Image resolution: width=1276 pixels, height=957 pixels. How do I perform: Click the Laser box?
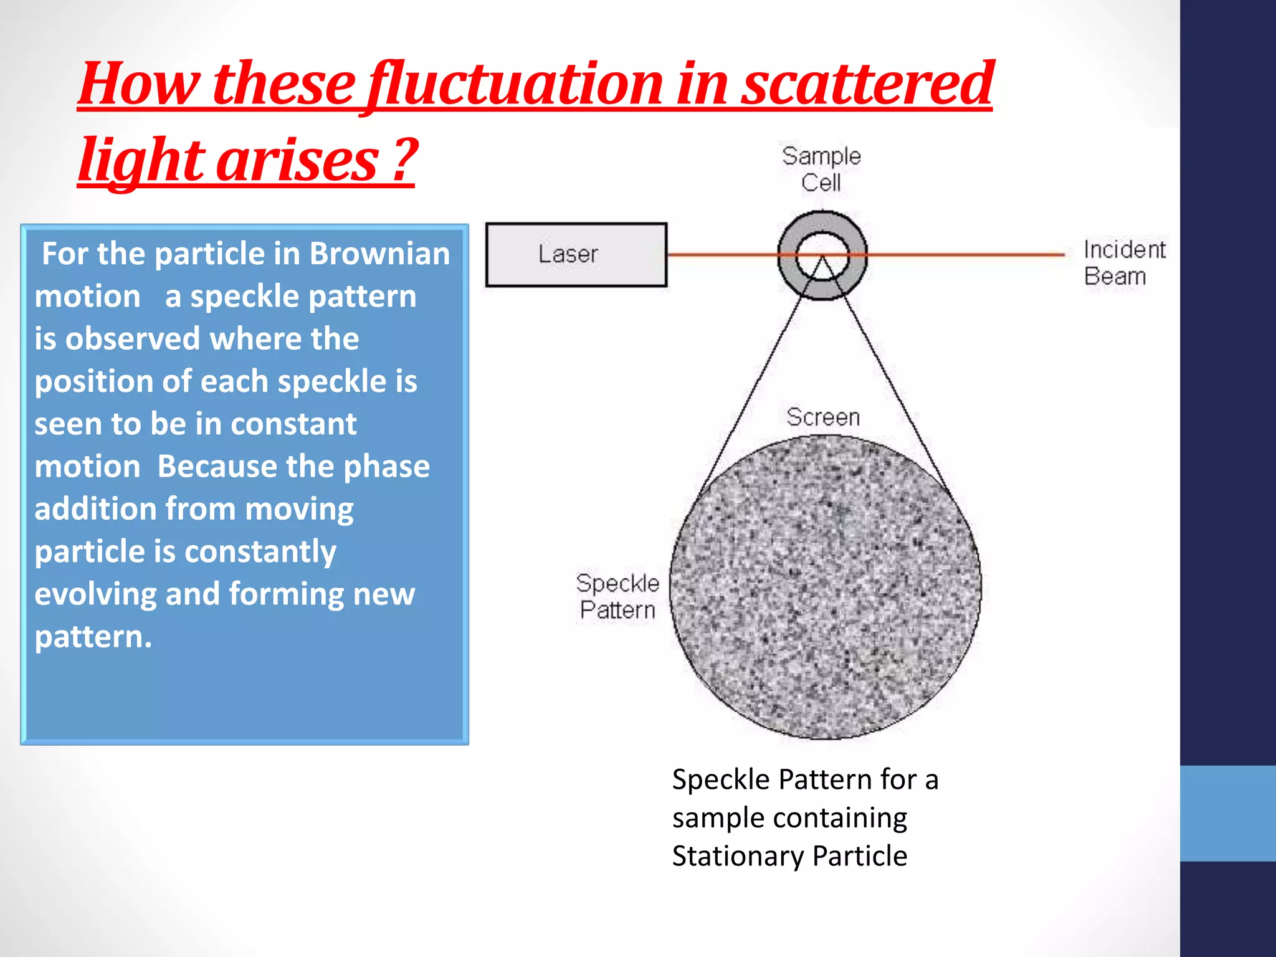coord(576,255)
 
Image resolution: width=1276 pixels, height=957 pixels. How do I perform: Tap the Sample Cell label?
coord(821,169)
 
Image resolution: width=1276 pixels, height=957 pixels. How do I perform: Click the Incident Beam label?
coord(1123,263)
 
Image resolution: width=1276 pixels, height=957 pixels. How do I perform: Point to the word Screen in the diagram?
coord(822,417)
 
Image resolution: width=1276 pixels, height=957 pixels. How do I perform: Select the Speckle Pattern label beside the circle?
coord(617,596)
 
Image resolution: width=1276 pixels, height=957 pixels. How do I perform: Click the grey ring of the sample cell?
coord(790,255)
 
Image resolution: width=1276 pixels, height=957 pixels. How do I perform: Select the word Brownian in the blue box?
coord(379,254)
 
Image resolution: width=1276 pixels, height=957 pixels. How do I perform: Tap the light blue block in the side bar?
coord(1227,813)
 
